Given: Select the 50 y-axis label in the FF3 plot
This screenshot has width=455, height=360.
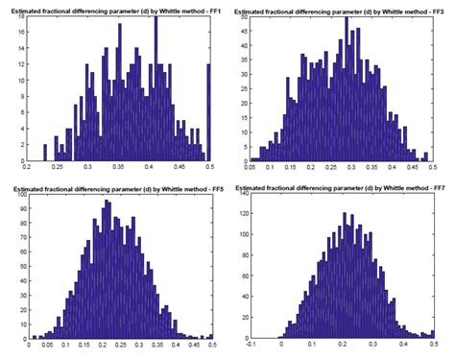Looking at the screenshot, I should coord(243,16).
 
